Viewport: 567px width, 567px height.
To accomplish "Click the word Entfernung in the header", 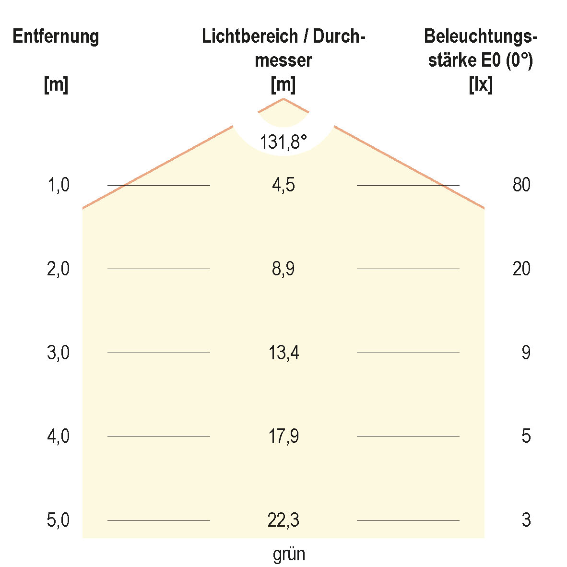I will coord(56,36).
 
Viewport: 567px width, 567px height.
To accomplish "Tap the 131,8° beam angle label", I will coord(283,142).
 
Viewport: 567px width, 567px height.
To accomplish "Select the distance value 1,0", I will coord(59,185).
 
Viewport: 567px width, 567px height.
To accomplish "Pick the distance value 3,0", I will coord(59,353).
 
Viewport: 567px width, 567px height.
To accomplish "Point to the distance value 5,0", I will coord(59,520).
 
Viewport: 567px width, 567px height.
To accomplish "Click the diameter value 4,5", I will coord(283,185).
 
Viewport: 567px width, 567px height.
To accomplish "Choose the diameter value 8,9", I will coord(283,269).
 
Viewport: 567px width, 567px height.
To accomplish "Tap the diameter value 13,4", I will coord(283,353).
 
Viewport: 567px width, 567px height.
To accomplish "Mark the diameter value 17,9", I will coord(283,437).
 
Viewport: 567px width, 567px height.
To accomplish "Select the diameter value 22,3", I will coord(283,520).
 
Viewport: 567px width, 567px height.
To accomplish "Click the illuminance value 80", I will coord(521,185).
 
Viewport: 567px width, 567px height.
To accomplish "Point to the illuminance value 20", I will coord(521,269).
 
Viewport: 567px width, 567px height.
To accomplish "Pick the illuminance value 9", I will coord(526,353).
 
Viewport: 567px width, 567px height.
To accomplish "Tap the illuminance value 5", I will coord(526,437).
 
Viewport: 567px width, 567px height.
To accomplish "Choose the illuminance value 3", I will coord(526,520).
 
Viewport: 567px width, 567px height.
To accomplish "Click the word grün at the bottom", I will coord(289,555).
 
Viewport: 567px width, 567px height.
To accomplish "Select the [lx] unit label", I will coord(481,85).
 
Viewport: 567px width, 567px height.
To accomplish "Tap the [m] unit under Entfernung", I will coord(56,85).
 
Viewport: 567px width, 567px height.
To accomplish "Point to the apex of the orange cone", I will coord(283,99).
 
